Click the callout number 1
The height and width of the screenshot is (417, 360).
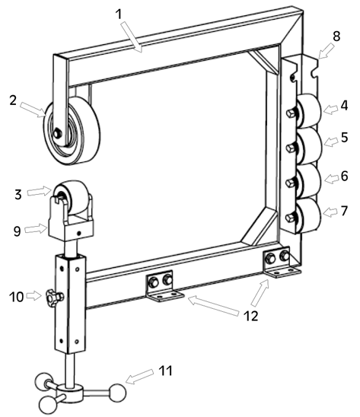pos(119,14)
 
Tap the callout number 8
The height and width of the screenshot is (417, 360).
pos(336,37)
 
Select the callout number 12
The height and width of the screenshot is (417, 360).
pos(251,316)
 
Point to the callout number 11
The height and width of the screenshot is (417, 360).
pos(165,371)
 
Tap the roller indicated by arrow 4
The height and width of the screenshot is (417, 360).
pos(309,111)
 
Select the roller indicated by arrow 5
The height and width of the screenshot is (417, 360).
pos(309,146)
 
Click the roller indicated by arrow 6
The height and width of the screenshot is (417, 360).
pos(309,181)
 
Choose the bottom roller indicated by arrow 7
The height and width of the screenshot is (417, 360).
pos(309,215)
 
